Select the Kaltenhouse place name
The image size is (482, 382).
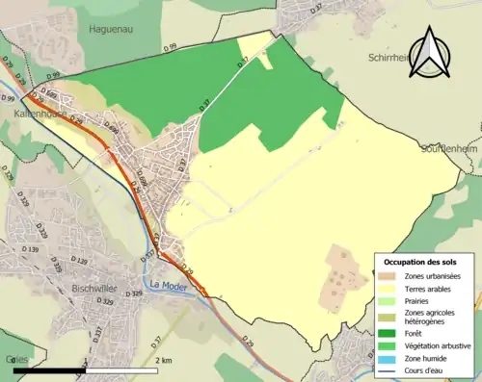(39, 113)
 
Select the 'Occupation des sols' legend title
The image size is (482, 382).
(421, 262)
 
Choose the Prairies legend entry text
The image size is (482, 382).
(419, 300)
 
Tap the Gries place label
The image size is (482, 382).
(15, 357)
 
